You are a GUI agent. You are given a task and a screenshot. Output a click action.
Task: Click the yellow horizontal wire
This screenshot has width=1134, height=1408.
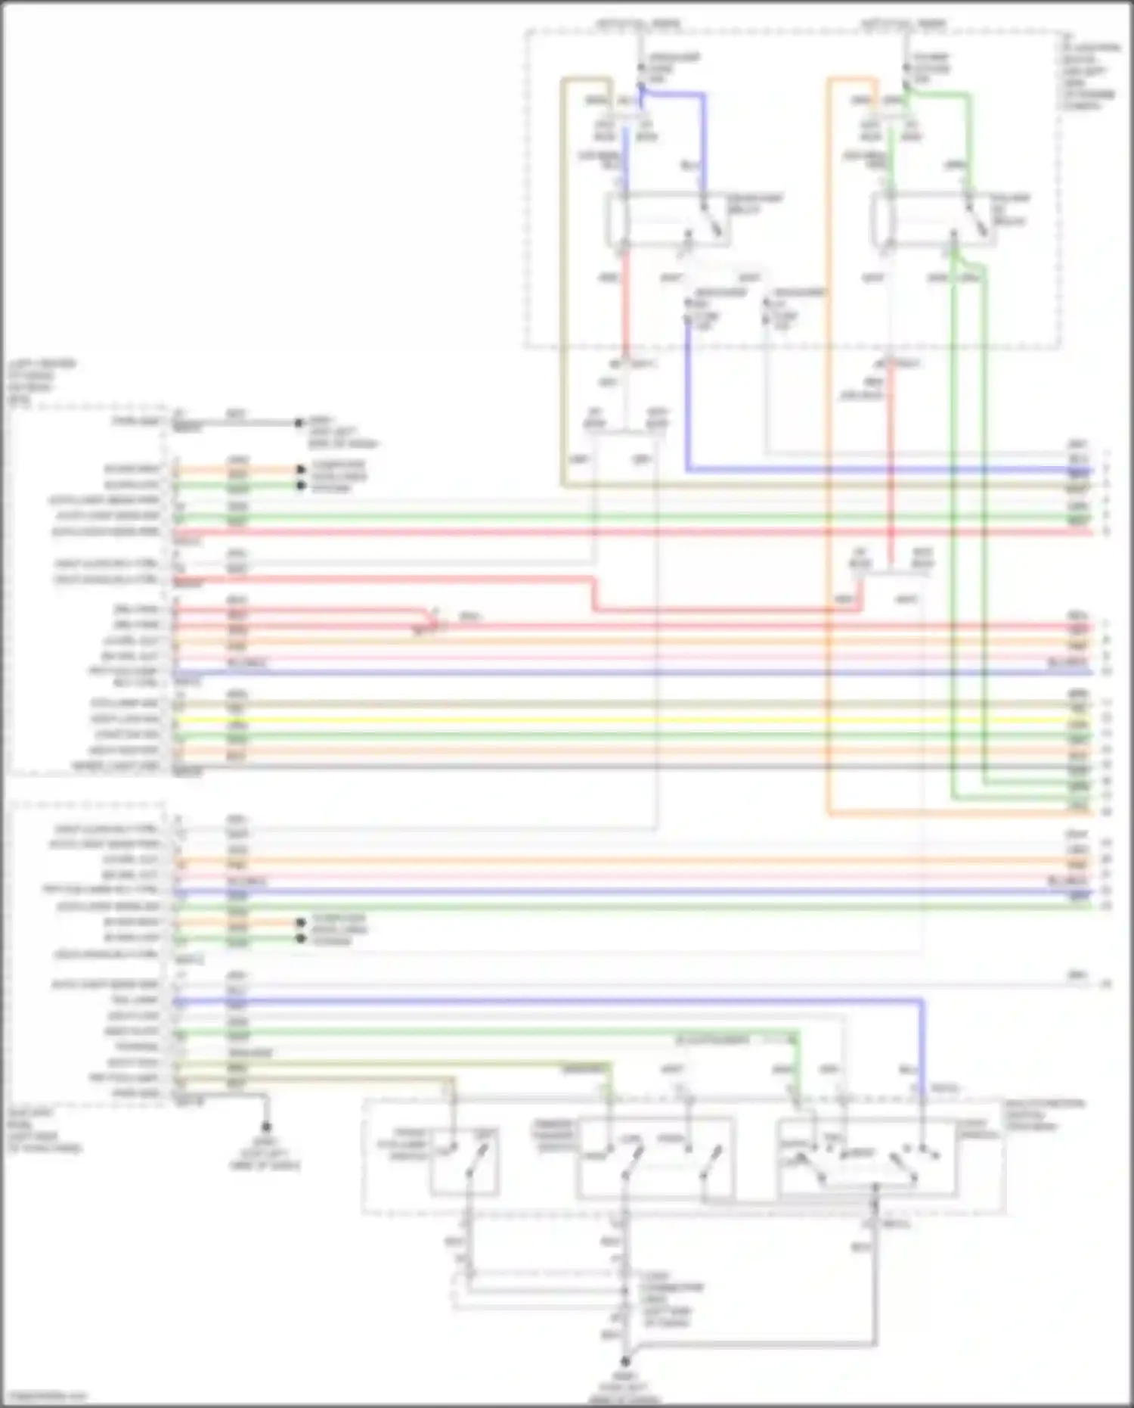pyautogui.click(x=605, y=720)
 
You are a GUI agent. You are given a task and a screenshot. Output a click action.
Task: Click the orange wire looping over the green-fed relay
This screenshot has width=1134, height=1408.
pyautogui.click(x=828, y=454)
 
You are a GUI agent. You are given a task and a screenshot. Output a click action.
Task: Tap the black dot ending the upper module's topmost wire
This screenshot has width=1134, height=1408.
pyautogui.click(x=299, y=423)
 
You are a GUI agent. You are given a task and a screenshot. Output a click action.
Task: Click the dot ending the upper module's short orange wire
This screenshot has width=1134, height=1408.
pyautogui.click(x=300, y=469)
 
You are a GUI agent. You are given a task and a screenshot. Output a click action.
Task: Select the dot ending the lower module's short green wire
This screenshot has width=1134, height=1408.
pyautogui.click(x=300, y=939)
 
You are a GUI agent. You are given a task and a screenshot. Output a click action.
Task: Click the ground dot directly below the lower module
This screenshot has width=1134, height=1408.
pyautogui.click(x=266, y=1127)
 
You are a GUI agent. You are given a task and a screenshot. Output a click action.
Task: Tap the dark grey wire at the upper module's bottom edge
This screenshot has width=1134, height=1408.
pyautogui.click(x=605, y=767)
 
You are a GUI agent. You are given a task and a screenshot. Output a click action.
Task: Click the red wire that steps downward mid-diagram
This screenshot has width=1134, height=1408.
pyautogui.click(x=594, y=594)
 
